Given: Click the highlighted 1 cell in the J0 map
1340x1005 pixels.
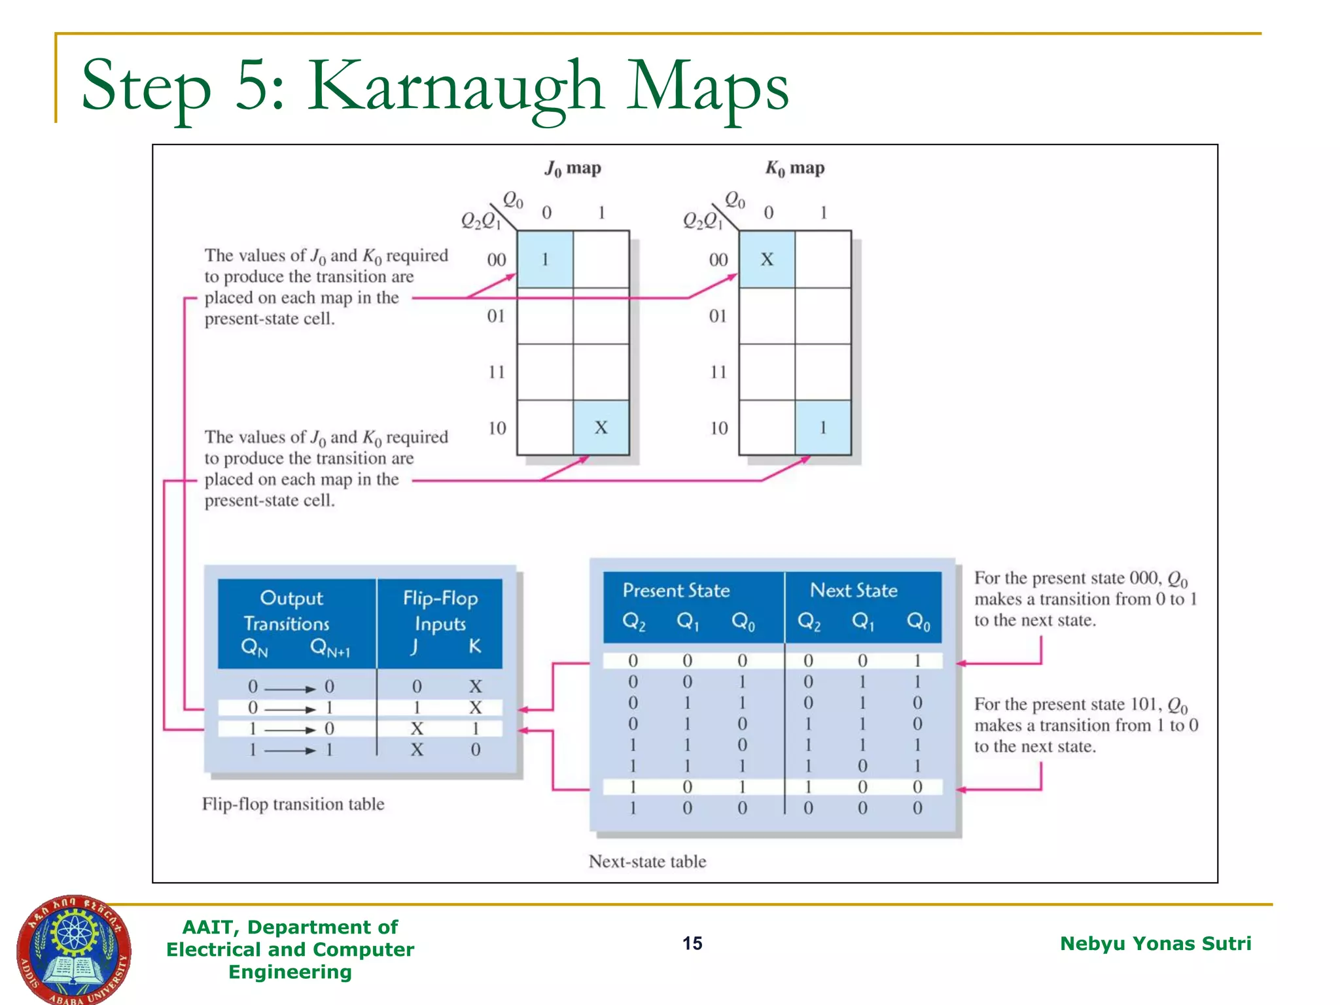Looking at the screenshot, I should coord(545,259).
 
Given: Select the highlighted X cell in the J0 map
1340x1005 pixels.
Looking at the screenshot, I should coord(601,428).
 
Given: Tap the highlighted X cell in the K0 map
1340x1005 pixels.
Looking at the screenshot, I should coord(767,259).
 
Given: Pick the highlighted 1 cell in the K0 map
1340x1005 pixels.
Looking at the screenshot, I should coord(822,428).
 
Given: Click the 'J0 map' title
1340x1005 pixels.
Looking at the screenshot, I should coord(573,169).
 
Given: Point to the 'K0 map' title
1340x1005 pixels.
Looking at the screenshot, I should coord(795,169).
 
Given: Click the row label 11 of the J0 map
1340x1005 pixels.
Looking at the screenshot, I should coord(497,372).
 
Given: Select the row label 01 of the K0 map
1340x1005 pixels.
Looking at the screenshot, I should coord(718,317).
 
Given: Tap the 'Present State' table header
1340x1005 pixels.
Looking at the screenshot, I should coord(676,591).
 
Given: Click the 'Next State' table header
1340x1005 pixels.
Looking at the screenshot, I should coord(854,591).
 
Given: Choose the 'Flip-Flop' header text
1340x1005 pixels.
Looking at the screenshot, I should coord(440,598).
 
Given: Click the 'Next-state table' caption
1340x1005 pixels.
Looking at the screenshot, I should coord(647,862).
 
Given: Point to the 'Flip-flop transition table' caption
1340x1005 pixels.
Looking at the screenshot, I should coord(293,804).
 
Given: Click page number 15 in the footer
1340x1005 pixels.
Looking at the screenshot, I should coord(692,943).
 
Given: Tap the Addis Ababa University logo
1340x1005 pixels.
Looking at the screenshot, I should coord(73,949).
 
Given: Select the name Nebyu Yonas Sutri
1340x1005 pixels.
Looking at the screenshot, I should coord(1155,943).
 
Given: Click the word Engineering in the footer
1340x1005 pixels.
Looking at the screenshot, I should coord(290,972).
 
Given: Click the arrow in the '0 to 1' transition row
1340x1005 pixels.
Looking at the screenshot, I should coord(290,709).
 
